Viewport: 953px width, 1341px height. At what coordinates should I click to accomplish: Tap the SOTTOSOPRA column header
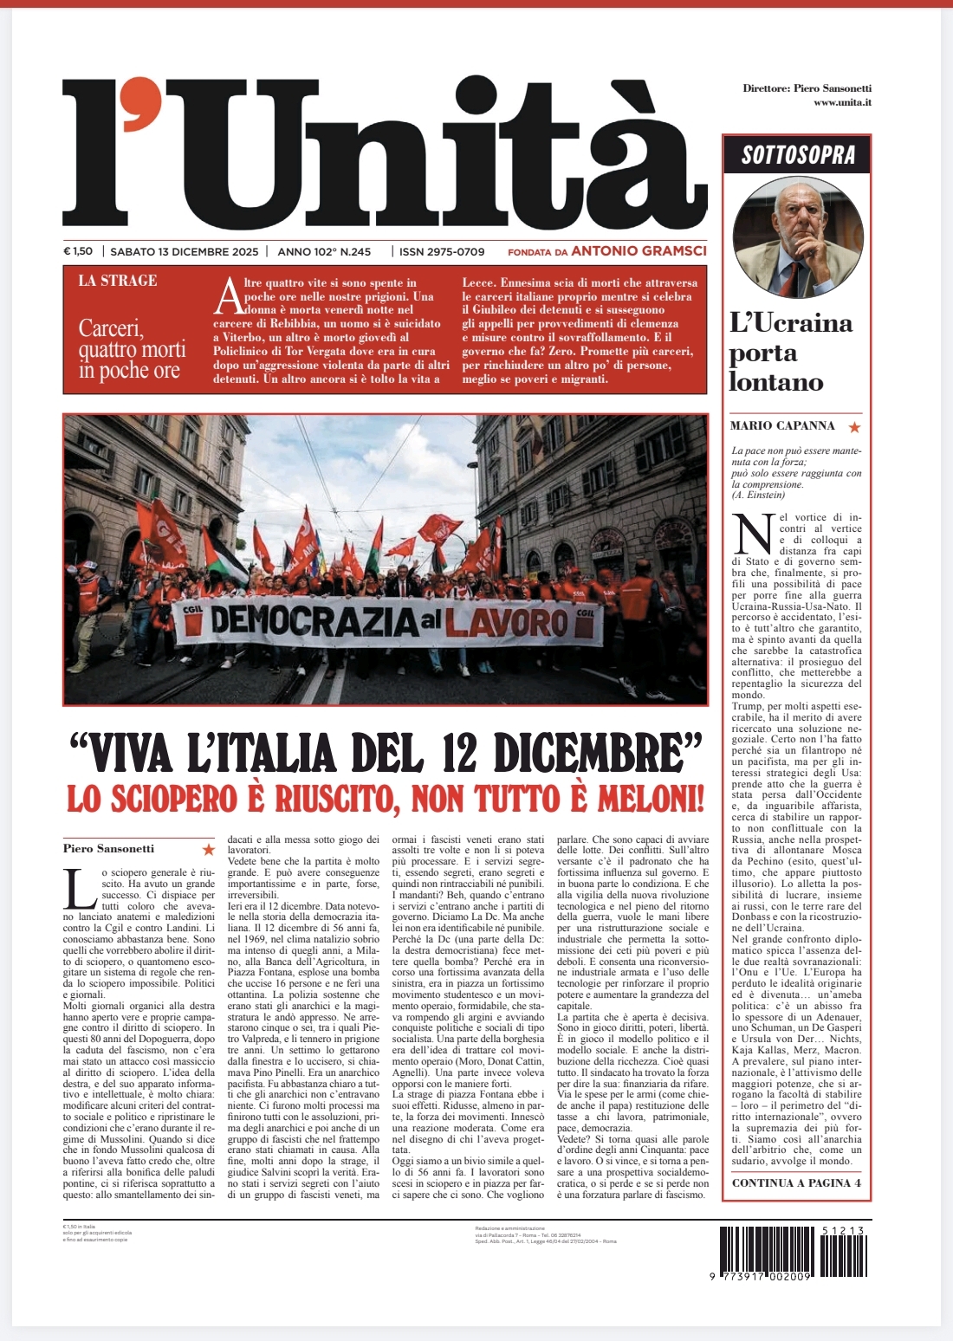[x=798, y=155]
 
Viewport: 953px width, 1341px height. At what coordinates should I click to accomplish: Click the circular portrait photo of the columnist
[x=798, y=237]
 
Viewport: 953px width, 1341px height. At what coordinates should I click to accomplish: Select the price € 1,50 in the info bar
[x=78, y=251]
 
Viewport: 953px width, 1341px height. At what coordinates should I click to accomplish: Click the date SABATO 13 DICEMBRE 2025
[x=185, y=251]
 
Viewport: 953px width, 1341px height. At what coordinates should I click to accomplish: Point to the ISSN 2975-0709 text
[x=442, y=251]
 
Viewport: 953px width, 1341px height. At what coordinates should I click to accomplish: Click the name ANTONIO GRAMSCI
[x=639, y=251]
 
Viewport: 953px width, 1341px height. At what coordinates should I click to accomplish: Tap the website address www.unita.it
[x=842, y=102]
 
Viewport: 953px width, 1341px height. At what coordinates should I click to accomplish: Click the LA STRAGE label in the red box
[x=118, y=281]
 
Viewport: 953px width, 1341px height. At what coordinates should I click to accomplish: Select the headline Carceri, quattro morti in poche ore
[x=132, y=349]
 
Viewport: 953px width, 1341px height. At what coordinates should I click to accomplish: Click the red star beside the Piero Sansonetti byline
[x=208, y=850]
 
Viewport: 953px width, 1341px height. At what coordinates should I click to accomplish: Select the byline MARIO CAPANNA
[x=782, y=426]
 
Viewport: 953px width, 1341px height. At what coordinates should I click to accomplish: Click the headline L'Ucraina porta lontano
[x=790, y=352]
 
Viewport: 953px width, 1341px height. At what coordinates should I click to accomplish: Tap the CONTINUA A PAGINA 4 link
[x=796, y=1182]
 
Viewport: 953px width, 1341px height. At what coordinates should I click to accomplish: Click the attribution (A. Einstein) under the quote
[x=758, y=496]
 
